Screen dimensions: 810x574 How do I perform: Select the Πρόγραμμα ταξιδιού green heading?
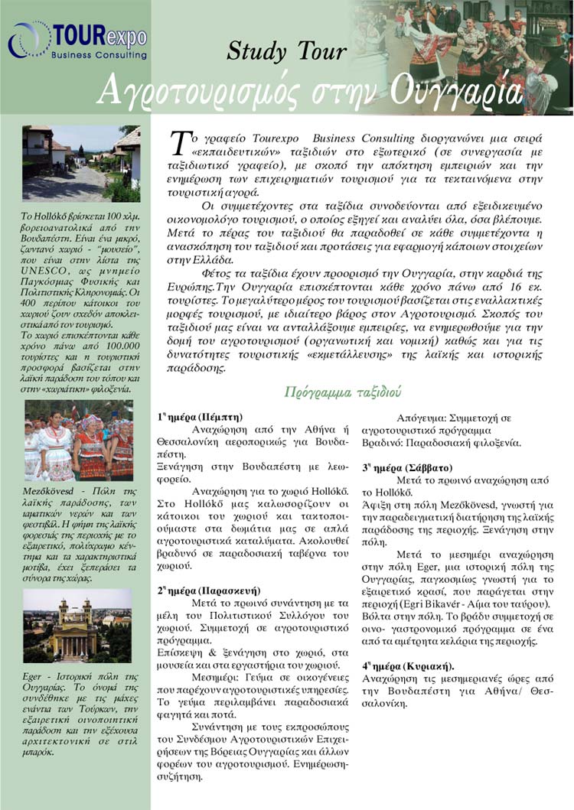tap(342, 392)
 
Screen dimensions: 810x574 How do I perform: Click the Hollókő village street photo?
tap(80, 163)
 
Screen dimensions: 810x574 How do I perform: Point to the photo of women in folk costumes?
tap(78, 440)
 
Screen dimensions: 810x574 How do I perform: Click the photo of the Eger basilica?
tap(77, 625)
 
